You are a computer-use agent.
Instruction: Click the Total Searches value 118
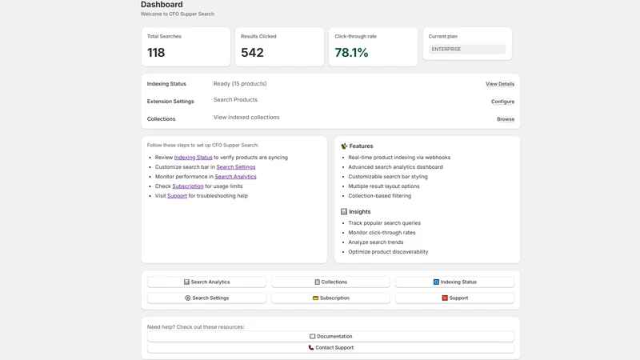(156, 53)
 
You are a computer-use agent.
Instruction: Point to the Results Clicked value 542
(252, 53)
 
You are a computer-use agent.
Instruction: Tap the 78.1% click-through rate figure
(351, 53)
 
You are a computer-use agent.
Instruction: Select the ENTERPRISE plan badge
(467, 49)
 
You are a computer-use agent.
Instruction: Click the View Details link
(500, 84)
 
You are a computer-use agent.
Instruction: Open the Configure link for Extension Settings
(502, 102)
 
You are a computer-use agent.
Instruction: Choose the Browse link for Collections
(506, 119)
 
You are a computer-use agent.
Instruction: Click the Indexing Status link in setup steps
(193, 158)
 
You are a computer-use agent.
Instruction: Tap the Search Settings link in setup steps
(236, 167)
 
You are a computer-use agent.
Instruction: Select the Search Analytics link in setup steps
(235, 177)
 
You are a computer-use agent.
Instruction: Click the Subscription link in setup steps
(188, 186)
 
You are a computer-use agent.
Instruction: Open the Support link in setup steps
(177, 196)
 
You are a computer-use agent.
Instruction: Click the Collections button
(330, 282)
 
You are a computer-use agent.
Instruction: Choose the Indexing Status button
(454, 282)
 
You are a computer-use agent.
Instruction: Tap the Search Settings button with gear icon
(206, 298)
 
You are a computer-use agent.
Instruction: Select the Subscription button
(330, 298)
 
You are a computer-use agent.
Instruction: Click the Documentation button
(330, 336)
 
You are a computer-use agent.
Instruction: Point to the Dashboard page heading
(162, 5)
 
